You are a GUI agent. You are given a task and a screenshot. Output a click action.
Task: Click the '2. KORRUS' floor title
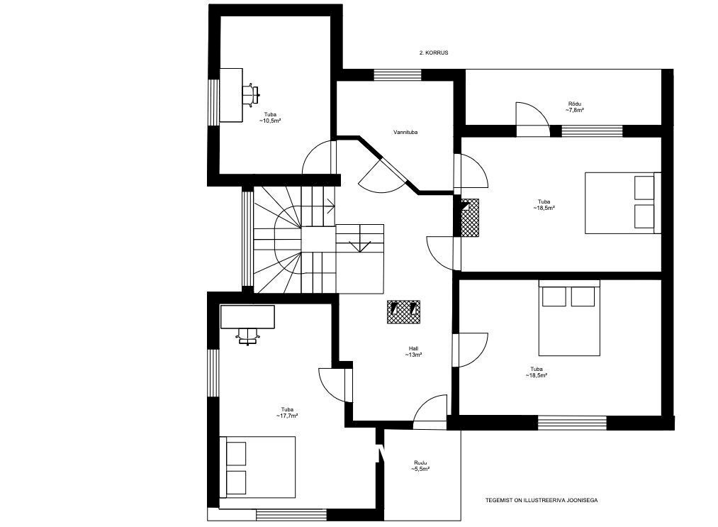click(x=434, y=52)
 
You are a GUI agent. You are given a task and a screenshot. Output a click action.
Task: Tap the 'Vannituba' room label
click(x=405, y=133)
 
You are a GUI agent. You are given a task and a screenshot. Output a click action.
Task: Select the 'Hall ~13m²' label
click(x=413, y=352)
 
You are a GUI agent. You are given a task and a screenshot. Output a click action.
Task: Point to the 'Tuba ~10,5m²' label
click(x=270, y=118)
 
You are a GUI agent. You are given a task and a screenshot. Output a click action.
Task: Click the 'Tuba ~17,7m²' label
click(x=287, y=413)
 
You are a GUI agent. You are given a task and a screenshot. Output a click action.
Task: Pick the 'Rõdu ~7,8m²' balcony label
click(x=575, y=107)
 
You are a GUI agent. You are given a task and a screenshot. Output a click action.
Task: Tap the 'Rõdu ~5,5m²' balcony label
click(x=421, y=466)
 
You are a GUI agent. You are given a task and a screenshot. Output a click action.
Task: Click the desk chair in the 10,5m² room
click(x=250, y=95)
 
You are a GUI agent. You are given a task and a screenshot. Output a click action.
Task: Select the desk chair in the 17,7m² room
click(x=247, y=336)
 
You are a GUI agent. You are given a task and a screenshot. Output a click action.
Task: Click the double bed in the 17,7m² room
click(x=257, y=467)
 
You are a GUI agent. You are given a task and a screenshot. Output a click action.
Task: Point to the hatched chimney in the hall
click(x=403, y=312)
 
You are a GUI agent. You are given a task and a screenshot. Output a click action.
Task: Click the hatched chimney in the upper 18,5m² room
click(x=470, y=218)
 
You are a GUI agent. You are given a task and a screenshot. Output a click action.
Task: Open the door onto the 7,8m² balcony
click(x=533, y=120)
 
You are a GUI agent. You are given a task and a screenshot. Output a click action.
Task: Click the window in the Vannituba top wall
click(x=398, y=74)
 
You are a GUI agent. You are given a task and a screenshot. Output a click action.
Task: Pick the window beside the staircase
click(x=247, y=238)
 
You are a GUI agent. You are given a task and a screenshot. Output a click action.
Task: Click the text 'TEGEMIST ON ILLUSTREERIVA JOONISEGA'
click(x=542, y=501)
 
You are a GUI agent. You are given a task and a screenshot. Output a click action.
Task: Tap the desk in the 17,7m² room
click(x=248, y=316)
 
